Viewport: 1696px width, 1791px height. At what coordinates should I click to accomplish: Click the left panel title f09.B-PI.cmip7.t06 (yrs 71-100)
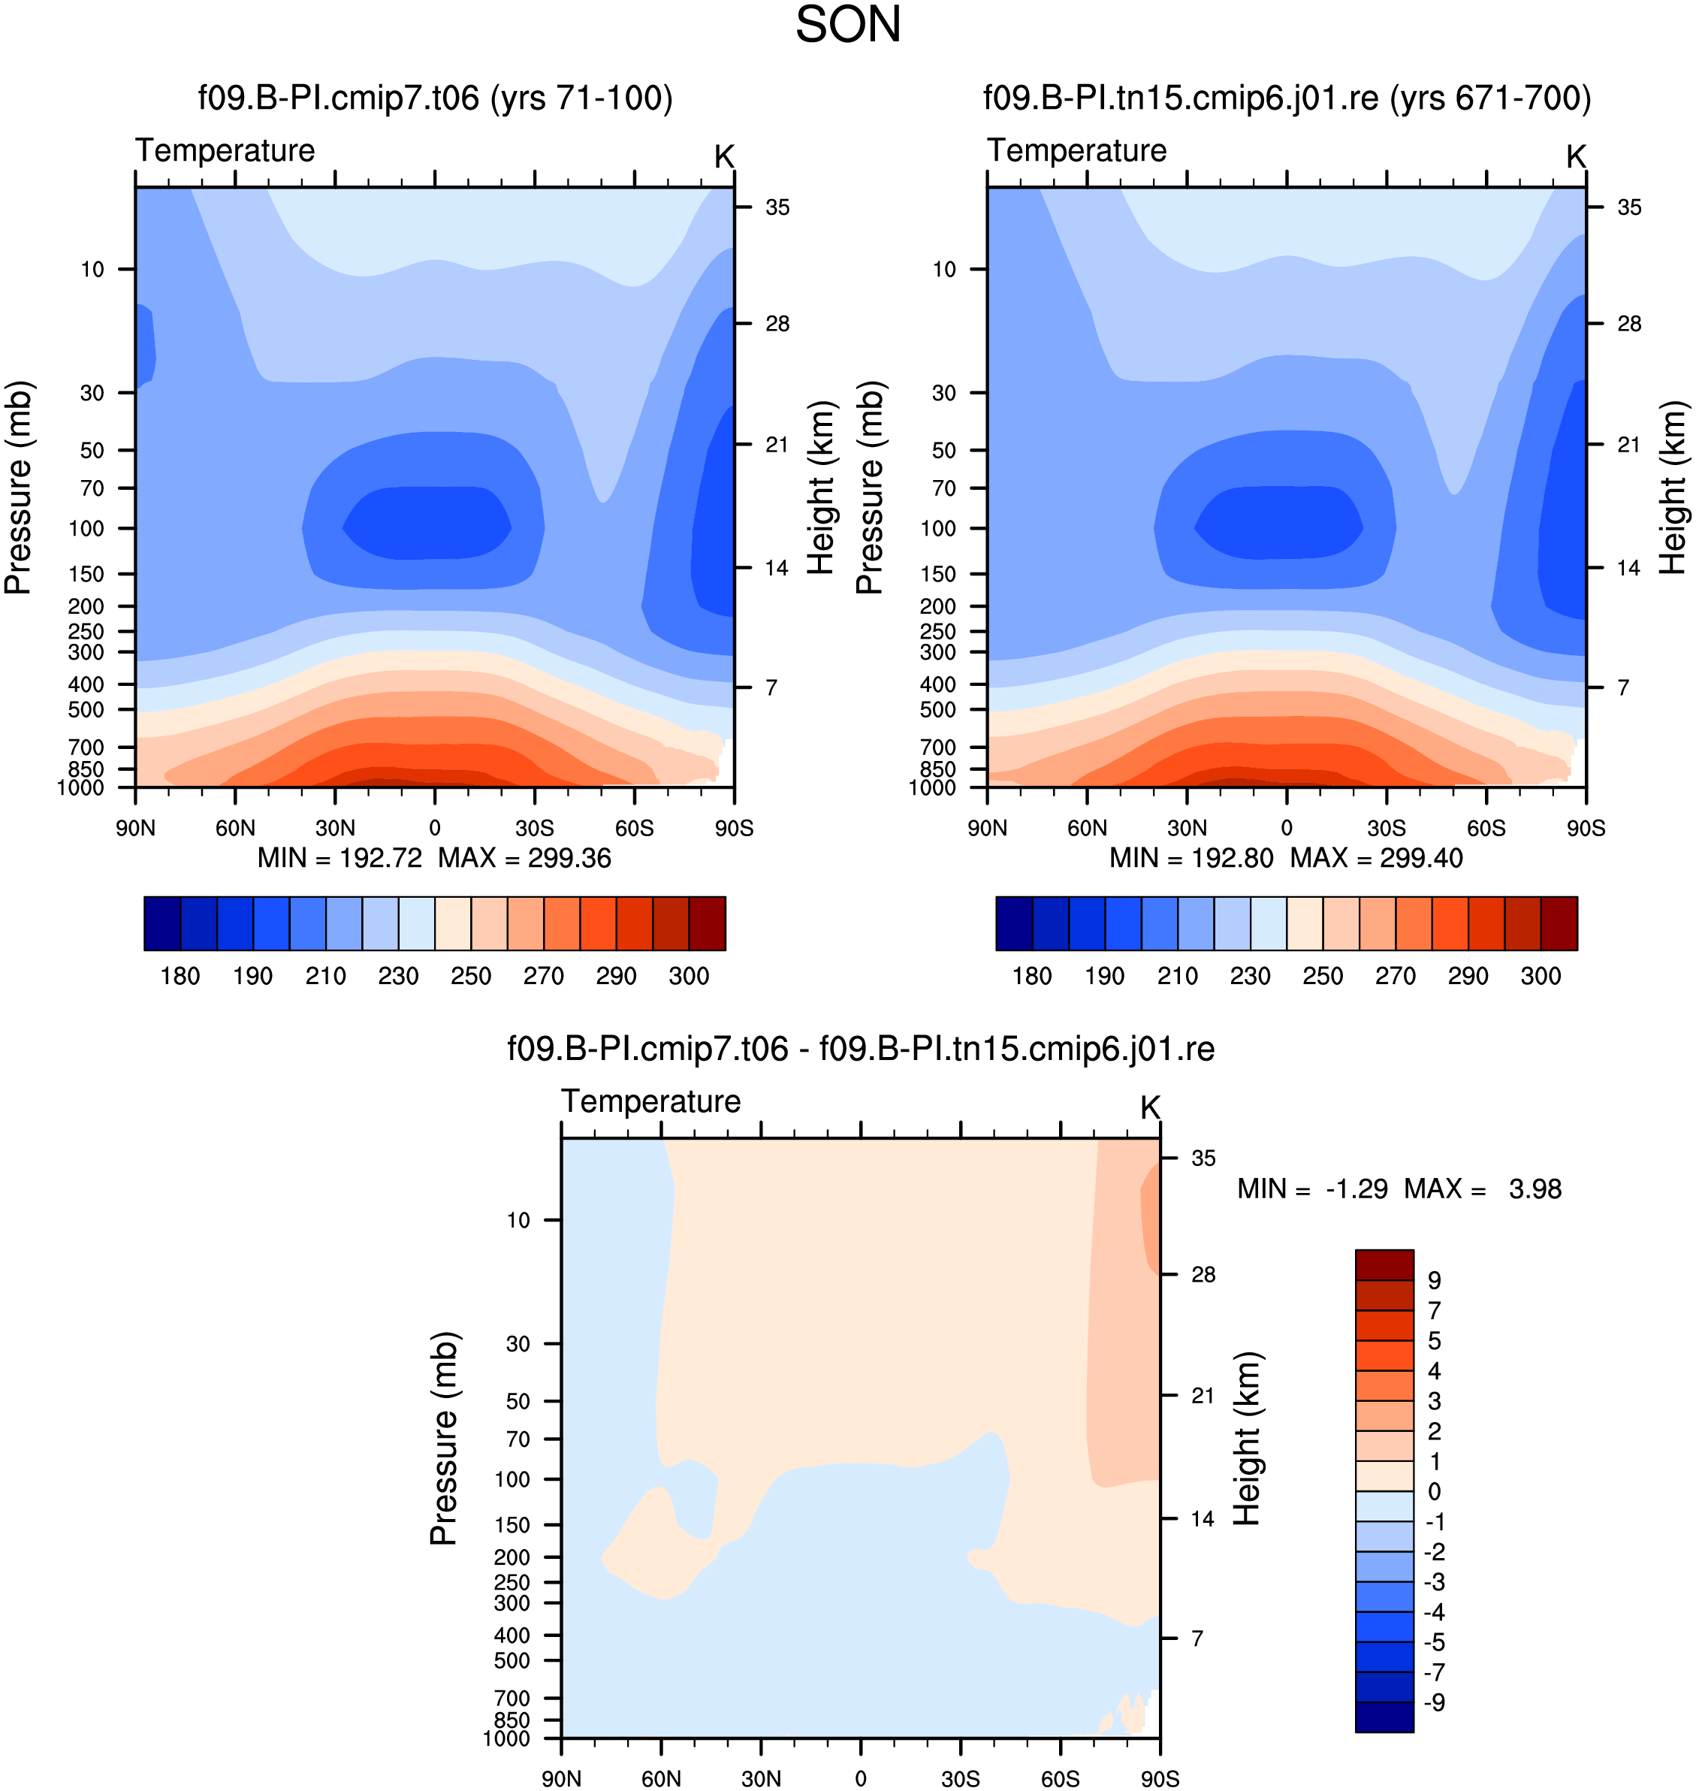436,98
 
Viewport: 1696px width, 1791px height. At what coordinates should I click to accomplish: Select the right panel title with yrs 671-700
1287,98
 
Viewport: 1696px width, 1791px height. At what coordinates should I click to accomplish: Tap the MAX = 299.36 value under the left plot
524,858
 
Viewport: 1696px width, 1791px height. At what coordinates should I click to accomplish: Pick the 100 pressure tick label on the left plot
87,528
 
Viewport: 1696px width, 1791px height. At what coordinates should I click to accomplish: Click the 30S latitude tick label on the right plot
1386,828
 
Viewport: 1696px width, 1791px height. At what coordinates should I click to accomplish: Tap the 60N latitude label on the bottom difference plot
661,1778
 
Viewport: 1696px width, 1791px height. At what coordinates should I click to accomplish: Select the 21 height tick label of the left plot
777,445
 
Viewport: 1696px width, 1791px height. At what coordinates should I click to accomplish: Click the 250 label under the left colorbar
471,977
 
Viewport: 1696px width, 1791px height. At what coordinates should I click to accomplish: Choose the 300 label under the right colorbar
1541,977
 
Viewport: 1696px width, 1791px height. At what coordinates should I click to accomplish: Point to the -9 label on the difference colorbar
1435,1702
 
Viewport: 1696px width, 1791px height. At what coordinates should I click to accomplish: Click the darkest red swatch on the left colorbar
707,923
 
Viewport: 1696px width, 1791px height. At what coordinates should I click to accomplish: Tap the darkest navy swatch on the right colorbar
1014,923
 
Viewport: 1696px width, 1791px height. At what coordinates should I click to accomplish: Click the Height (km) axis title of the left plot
820,488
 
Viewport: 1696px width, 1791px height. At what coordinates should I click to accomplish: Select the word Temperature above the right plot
1077,150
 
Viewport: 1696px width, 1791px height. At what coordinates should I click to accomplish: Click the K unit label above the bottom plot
1150,1107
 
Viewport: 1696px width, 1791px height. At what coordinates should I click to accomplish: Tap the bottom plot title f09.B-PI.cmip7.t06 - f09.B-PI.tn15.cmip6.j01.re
861,1049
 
